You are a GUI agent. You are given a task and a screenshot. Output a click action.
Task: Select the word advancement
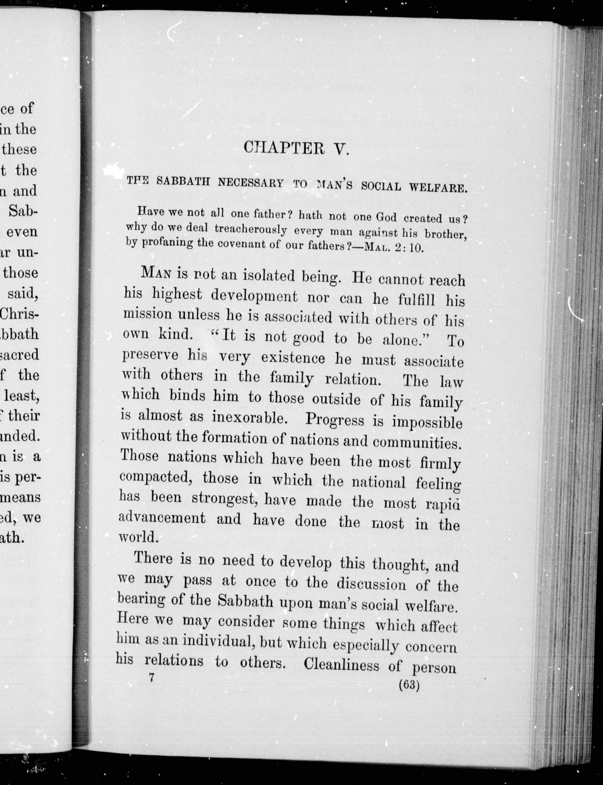click(162, 518)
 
